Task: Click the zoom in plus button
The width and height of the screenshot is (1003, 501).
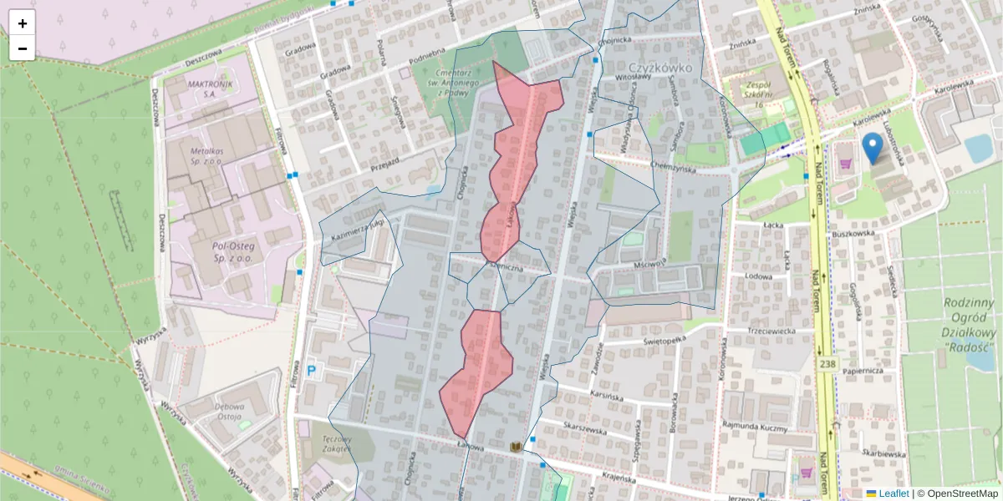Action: [23, 23]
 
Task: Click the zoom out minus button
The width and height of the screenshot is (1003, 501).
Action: [23, 48]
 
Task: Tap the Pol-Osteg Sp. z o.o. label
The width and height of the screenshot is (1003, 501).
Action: [221, 253]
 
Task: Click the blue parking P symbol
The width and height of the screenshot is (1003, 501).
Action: [312, 370]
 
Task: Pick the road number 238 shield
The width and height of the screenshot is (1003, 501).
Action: [827, 365]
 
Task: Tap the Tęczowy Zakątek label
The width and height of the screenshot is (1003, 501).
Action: [336, 443]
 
